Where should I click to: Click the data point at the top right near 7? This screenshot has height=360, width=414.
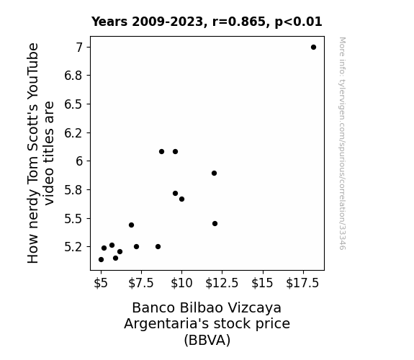point(313,48)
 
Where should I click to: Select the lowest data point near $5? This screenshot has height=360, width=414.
point(101,260)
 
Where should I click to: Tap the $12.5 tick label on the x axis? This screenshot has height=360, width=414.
point(222,283)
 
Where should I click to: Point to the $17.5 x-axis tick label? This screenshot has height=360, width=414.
point(302,283)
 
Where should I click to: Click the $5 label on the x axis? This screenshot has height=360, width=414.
point(101,283)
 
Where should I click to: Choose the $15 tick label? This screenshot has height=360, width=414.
point(262,283)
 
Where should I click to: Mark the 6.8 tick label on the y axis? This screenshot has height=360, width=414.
point(73,76)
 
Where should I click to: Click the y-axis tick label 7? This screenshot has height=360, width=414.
point(79,48)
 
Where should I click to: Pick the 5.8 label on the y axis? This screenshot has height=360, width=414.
point(73,190)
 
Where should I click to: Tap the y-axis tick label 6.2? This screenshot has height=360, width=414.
point(73,133)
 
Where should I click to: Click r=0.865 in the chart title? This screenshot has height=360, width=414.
point(239,22)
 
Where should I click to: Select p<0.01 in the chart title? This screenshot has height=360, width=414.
point(298,22)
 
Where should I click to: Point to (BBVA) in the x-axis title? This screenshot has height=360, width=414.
point(207,340)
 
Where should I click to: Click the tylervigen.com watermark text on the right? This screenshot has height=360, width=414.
point(343,143)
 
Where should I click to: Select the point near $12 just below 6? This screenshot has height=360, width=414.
point(214,174)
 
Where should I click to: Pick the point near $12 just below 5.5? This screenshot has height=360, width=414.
point(215,224)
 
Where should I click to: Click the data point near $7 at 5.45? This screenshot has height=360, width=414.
point(132,225)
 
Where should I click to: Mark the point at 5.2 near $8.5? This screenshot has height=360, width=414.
point(158,247)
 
